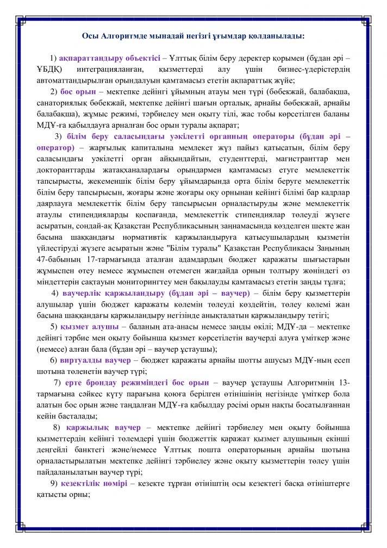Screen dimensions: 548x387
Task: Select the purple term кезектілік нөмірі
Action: pyautogui.click(x=94, y=483)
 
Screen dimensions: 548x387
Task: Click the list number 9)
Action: pyautogui.click(x=54, y=483)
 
